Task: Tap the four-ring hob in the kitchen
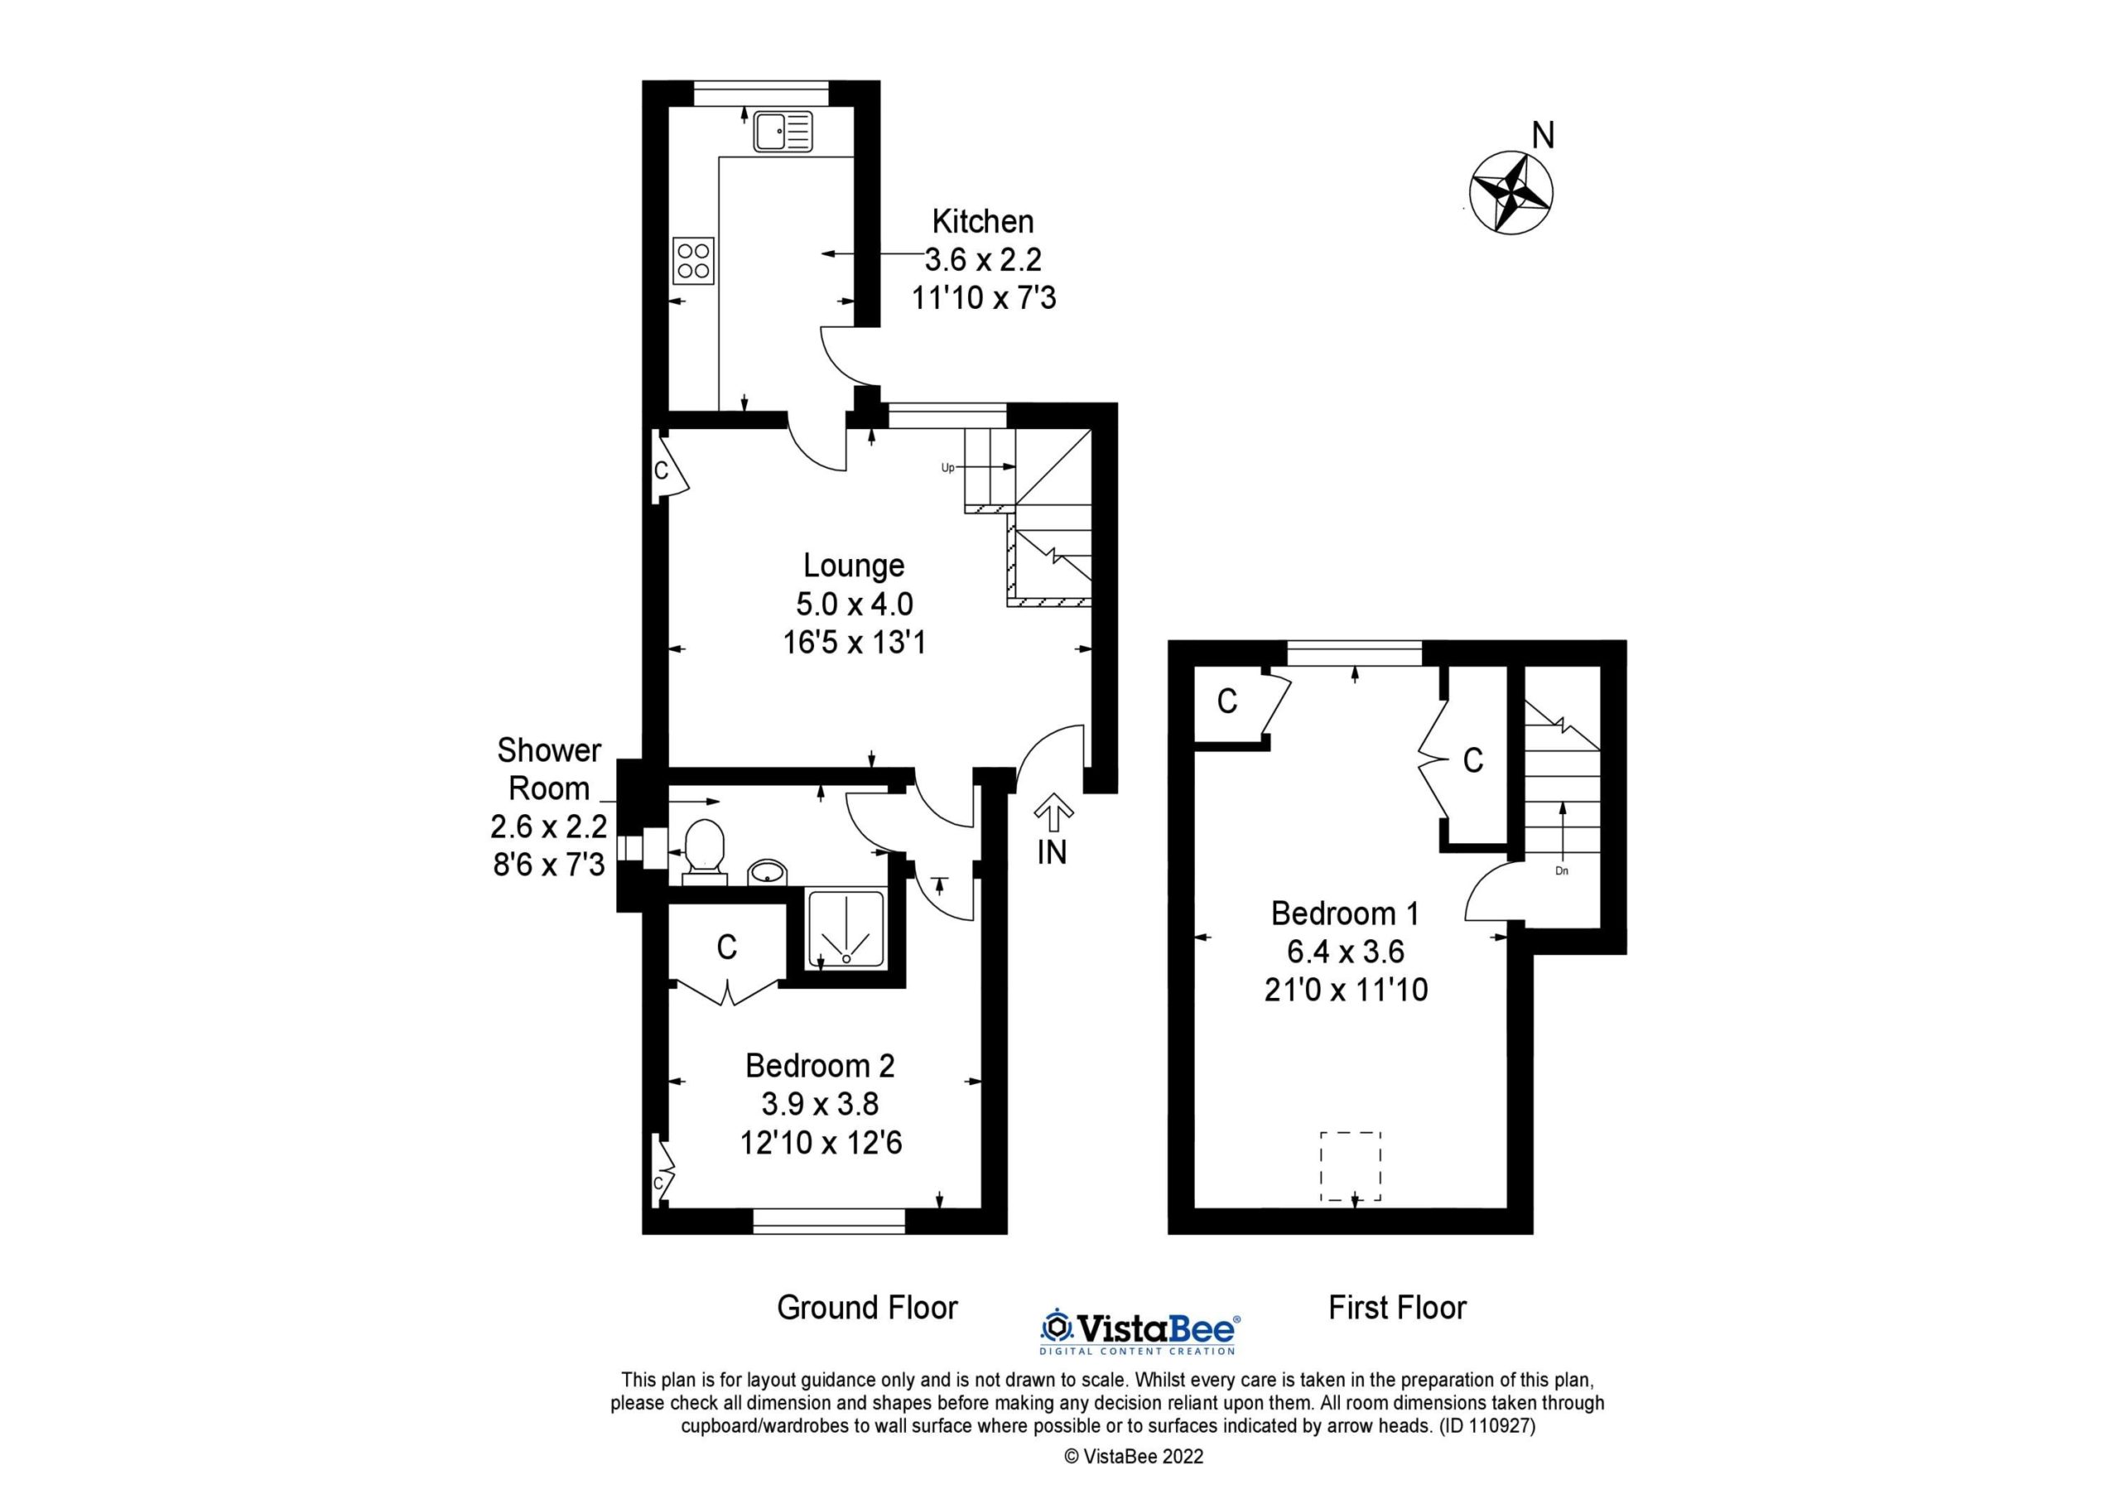point(693,260)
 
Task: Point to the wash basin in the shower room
point(766,871)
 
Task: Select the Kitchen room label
point(982,222)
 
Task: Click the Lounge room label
point(853,566)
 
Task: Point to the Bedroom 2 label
point(820,1066)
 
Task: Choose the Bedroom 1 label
point(1344,913)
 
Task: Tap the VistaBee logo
point(1140,1331)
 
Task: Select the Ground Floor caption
point(867,1308)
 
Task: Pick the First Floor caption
point(1397,1308)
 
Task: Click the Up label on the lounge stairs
point(947,468)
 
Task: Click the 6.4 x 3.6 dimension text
point(1346,952)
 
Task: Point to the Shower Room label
point(549,769)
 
